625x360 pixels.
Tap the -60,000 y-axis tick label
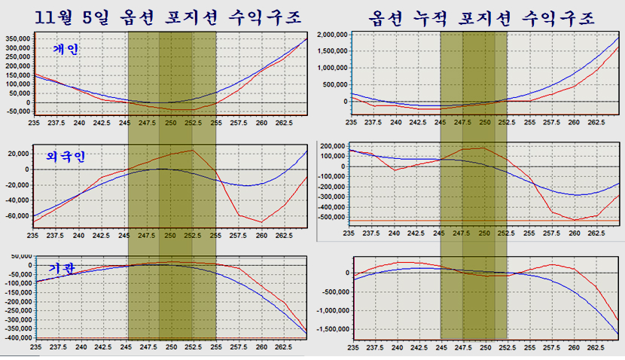17,215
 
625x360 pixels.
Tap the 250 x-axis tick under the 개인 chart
172,121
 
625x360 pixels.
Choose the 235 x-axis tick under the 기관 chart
35,347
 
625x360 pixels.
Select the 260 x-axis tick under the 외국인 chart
261,235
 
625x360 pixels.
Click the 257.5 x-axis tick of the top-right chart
552,121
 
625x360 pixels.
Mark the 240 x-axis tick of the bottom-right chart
395,347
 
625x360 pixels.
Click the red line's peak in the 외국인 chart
194,150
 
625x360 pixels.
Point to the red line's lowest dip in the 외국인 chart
261,222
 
